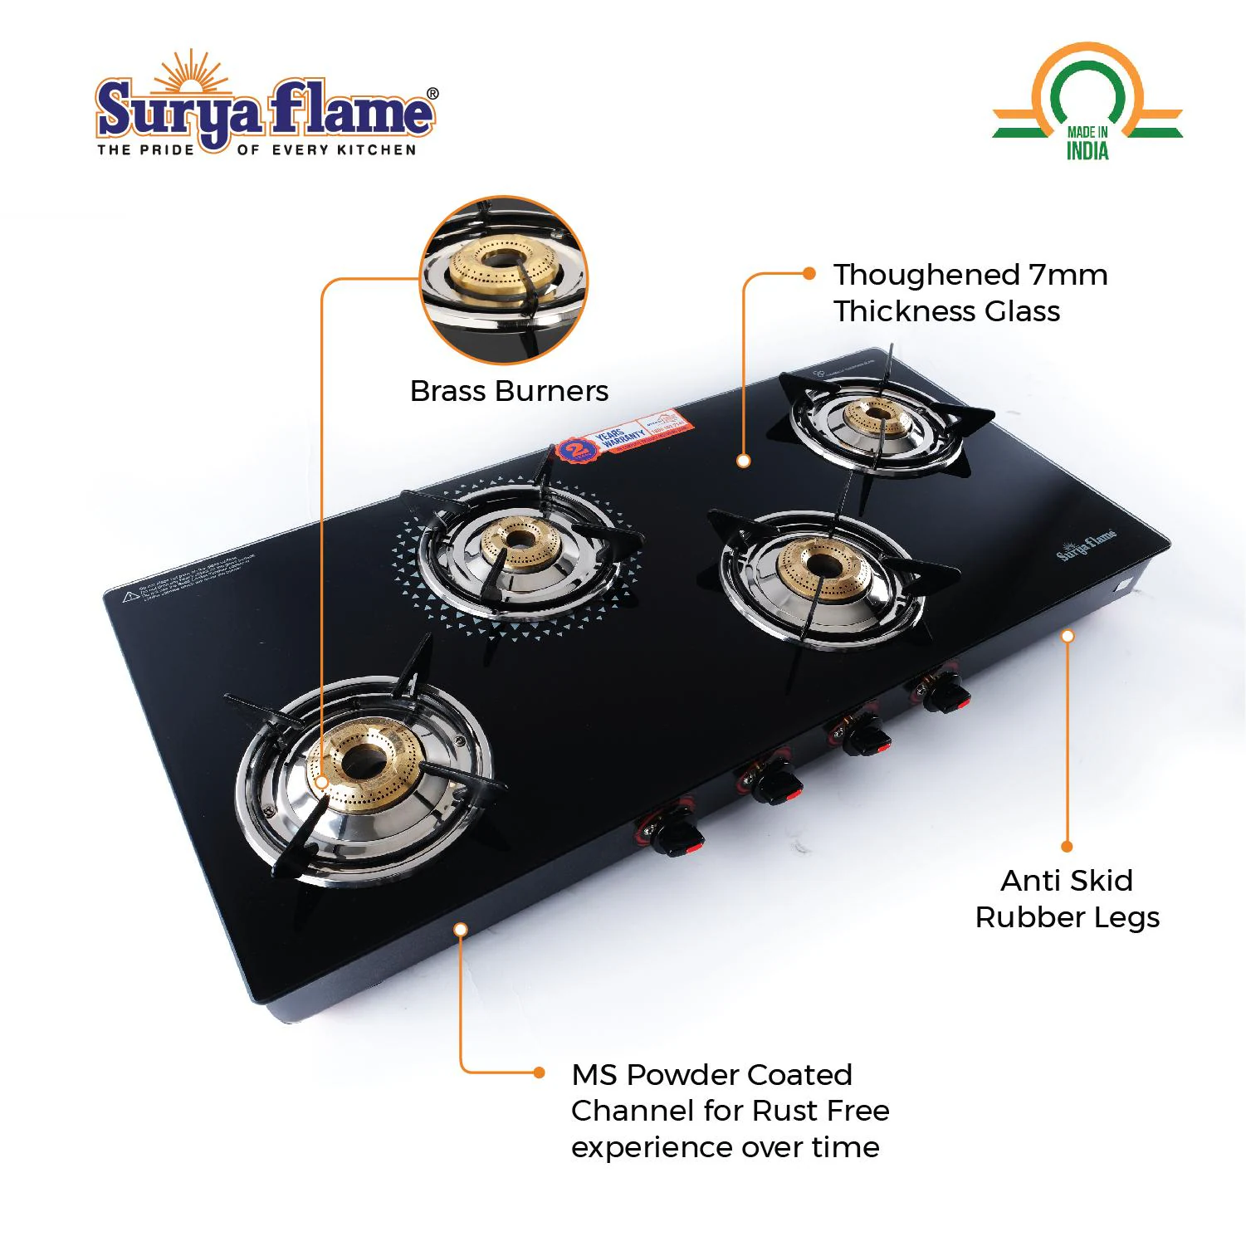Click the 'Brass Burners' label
click(x=509, y=391)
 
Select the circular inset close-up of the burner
click(x=504, y=280)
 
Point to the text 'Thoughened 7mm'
click(x=970, y=275)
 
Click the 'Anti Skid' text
click(x=1067, y=881)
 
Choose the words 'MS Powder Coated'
click(x=711, y=1075)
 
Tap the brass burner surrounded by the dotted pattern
click(x=520, y=541)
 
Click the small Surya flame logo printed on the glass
click(x=1087, y=545)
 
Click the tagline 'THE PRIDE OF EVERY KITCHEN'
click(x=257, y=150)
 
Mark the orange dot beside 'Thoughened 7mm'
click(x=809, y=273)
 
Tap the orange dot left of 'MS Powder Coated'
click(x=539, y=1073)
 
